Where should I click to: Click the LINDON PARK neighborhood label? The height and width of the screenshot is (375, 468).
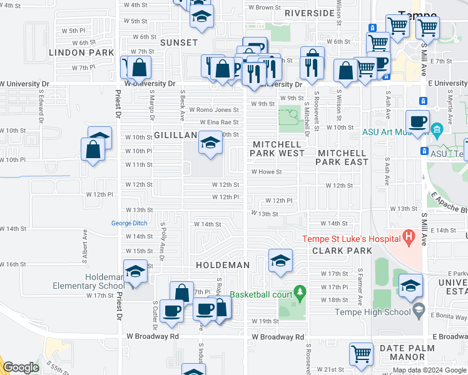point(81,52)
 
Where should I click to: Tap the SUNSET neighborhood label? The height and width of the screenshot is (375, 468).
point(178,42)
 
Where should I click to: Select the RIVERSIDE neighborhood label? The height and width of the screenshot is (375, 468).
point(309,13)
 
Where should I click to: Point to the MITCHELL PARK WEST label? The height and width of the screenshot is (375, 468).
point(278,149)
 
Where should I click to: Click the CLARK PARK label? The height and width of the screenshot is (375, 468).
point(342,251)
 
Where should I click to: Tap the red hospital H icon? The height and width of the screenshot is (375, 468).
point(409,237)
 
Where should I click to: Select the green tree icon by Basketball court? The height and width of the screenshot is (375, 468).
point(300,292)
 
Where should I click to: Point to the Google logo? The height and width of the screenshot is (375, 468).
point(21,367)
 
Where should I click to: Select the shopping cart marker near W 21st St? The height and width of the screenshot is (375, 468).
point(362,354)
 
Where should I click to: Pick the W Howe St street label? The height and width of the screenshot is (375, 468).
point(267,171)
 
